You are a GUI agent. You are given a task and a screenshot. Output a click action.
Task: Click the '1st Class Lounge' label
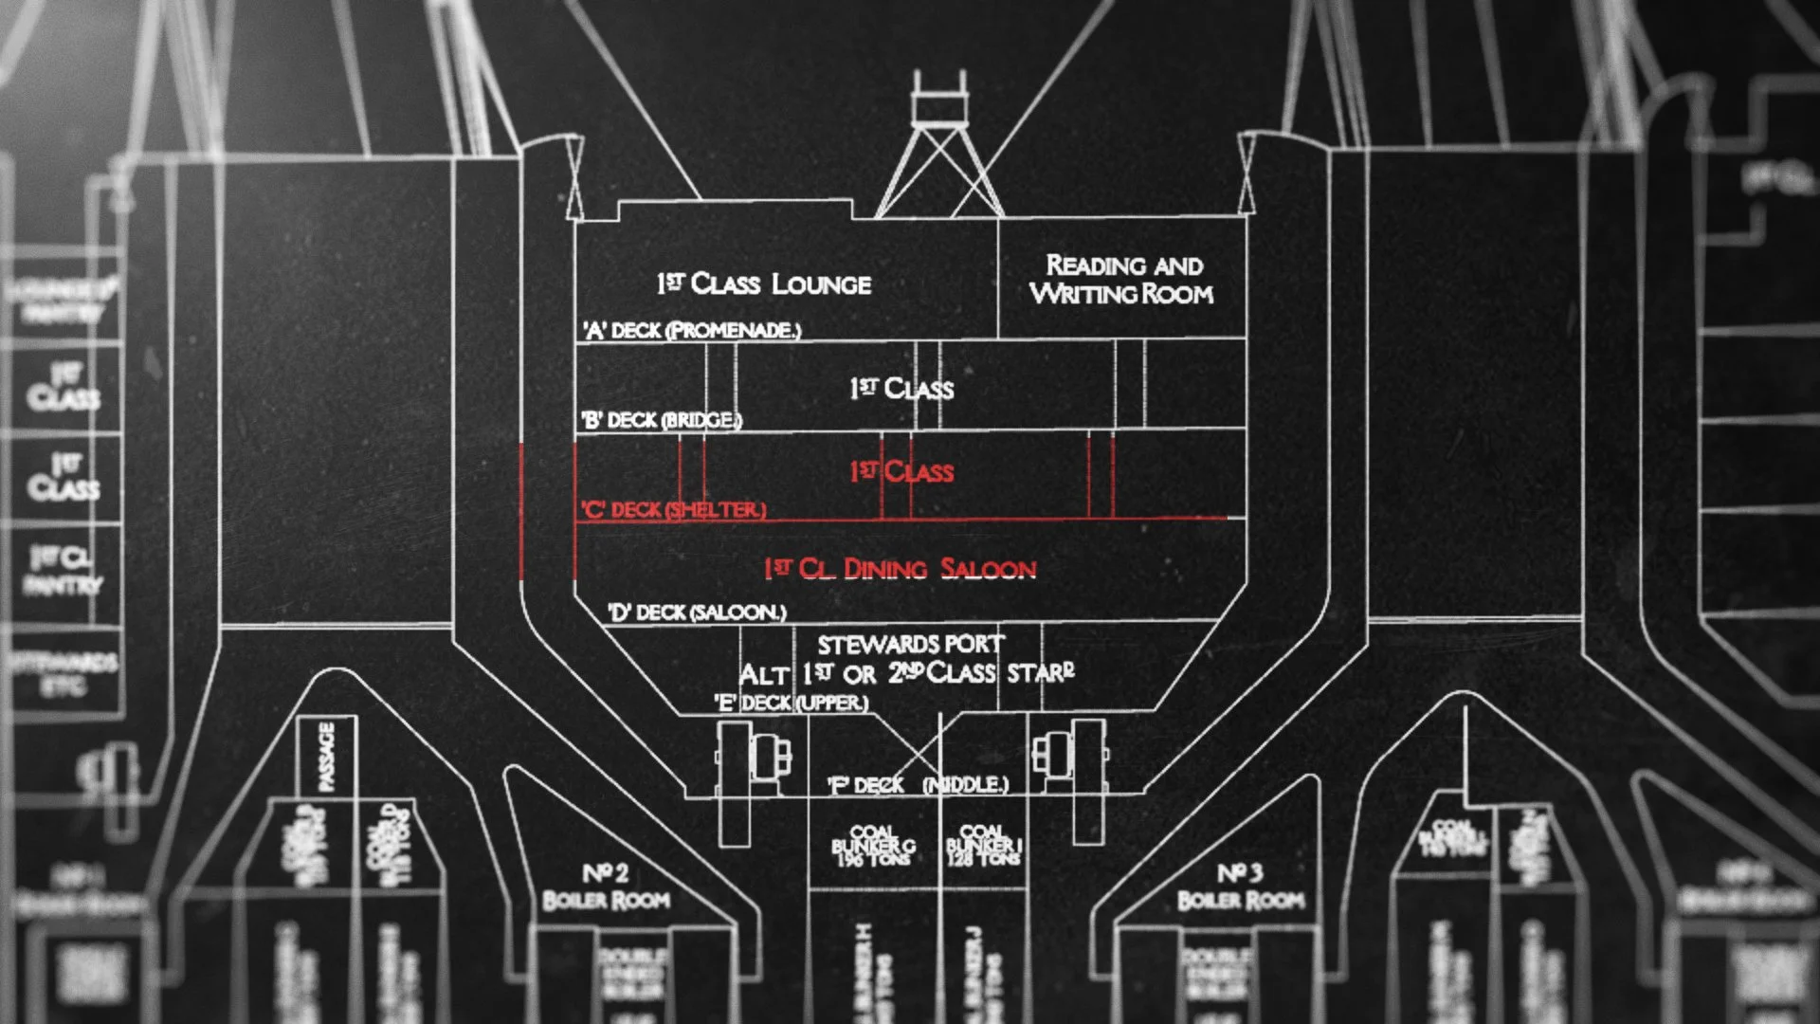tap(764, 283)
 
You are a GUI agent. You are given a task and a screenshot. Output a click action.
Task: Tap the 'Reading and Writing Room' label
tap(1122, 280)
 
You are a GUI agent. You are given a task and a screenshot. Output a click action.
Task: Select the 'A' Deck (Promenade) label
tap(692, 330)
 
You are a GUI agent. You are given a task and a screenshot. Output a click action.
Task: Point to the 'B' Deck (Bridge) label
tap(661, 420)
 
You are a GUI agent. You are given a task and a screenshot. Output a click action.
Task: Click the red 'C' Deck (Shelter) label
tap(673, 509)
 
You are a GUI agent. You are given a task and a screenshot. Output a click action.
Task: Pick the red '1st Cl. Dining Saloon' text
tap(901, 569)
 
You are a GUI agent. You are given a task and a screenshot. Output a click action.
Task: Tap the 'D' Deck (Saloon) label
tap(697, 612)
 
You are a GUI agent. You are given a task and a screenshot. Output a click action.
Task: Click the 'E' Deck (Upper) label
tap(791, 703)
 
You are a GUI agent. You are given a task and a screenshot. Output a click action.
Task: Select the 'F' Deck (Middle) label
tap(918, 785)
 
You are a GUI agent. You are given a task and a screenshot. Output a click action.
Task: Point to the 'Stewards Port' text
tap(910, 645)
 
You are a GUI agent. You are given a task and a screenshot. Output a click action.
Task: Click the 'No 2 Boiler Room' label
tap(606, 887)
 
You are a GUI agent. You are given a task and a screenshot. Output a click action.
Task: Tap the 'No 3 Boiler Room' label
tap(1241, 887)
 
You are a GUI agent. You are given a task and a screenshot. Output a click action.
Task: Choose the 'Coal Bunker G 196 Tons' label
tap(873, 844)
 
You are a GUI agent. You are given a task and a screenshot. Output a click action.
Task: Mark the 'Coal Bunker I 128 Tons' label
tap(983, 844)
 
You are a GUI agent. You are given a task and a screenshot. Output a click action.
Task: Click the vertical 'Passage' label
tap(326, 756)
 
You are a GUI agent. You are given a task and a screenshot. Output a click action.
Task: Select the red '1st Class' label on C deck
tap(902, 472)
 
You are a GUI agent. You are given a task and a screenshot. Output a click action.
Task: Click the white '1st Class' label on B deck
tap(902, 389)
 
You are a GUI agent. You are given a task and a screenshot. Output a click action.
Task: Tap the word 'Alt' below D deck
tap(764, 675)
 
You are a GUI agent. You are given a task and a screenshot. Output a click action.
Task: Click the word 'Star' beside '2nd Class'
tap(1041, 673)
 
